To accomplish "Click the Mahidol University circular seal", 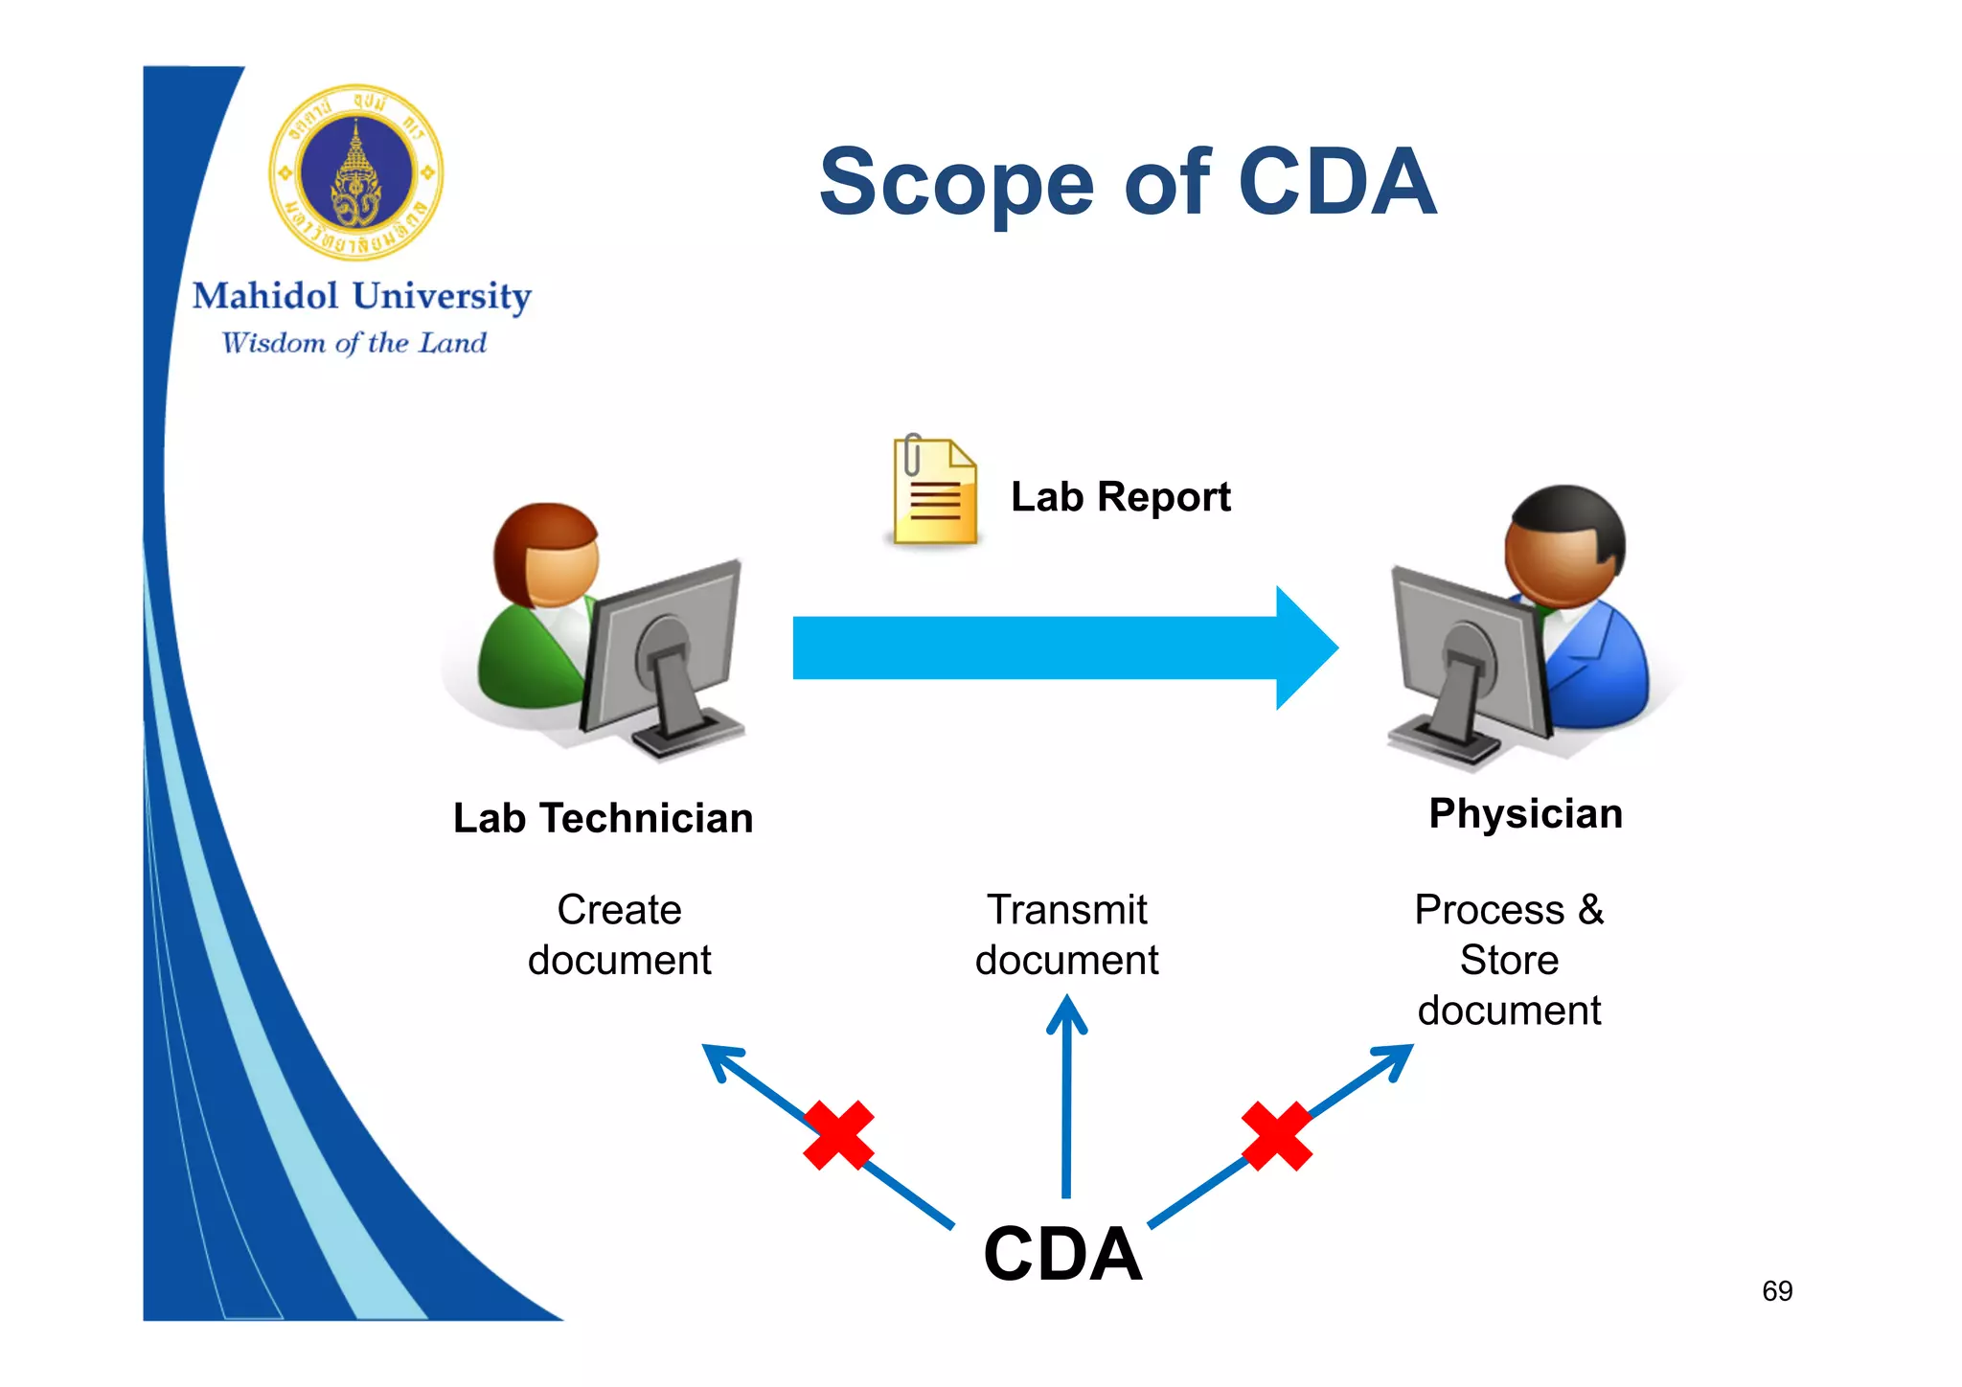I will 356,172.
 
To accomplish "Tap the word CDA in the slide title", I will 1337,182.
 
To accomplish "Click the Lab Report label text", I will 1120,497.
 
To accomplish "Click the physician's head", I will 1564,546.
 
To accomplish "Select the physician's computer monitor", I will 1466,661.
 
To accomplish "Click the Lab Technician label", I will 603,819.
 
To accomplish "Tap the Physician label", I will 1525,814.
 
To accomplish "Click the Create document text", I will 619,935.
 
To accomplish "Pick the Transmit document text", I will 1066,935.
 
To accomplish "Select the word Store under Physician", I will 1509,961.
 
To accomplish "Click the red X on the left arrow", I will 838,1135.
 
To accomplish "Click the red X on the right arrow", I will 1276,1136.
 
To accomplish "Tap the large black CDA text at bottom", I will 1062,1254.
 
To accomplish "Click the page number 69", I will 1777,1291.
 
